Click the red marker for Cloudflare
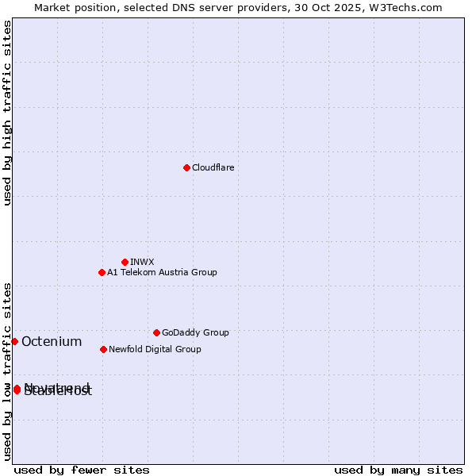coord(186,167)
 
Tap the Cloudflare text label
coord(213,167)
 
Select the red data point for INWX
coord(125,262)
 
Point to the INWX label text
coord(142,262)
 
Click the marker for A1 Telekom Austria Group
coord(102,272)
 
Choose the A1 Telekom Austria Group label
coord(162,272)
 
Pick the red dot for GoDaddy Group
coord(156,332)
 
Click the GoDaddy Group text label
coord(195,332)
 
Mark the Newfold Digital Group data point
coord(103,349)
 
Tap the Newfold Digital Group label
coord(155,349)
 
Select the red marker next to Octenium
coord(14,341)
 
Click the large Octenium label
coord(52,342)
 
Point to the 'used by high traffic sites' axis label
coord(8,113)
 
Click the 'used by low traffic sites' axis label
coord(8,371)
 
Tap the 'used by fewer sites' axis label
coord(82,470)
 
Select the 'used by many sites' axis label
coord(398,470)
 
